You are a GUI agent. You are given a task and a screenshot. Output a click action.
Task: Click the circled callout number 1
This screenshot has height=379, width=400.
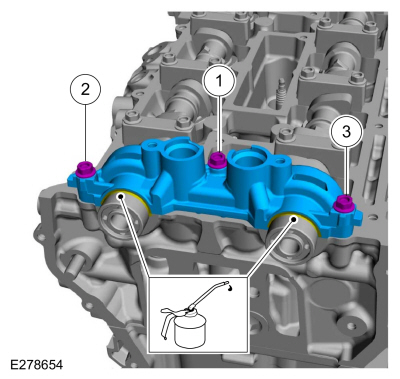[219, 81]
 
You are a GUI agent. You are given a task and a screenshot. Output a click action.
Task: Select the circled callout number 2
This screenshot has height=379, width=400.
[85, 89]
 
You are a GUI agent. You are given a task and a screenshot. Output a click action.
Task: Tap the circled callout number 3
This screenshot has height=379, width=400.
[346, 132]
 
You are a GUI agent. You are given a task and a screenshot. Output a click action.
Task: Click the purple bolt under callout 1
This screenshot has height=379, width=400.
[217, 159]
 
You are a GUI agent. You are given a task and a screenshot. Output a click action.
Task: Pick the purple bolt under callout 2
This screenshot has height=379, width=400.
[86, 169]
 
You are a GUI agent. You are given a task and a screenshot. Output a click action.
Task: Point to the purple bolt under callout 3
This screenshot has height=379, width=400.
[344, 203]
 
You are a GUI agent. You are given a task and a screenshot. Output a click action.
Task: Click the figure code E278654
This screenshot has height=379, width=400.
[36, 365]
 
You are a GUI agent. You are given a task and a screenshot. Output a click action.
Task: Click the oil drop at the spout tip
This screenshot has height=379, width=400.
[229, 288]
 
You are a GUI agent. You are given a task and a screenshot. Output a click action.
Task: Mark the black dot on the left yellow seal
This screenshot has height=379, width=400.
[121, 196]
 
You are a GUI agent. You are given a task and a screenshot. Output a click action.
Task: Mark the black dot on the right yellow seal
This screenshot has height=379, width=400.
[293, 219]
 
